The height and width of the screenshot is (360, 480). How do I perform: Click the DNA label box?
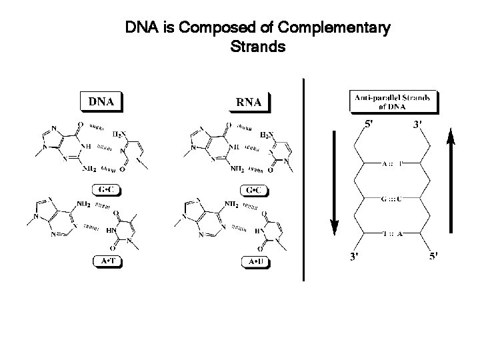(x=101, y=102)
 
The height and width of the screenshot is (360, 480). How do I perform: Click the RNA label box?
(x=253, y=102)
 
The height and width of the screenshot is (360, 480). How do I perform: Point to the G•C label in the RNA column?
(x=254, y=191)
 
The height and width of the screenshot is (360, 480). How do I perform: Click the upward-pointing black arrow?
(x=451, y=180)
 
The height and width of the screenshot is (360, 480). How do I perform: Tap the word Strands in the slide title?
(x=257, y=47)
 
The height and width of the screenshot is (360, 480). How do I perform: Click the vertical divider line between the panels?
(x=303, y=180)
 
